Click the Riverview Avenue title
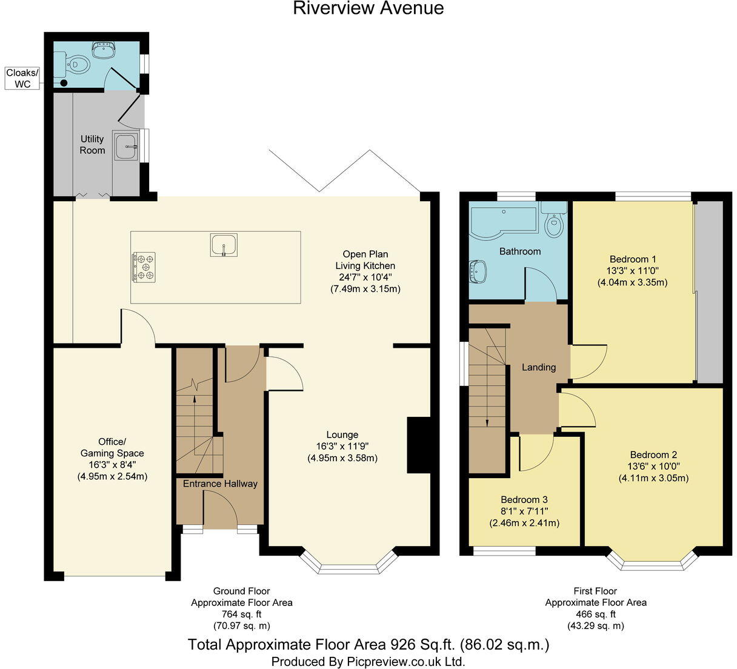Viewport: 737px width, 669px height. [x=368, y=8]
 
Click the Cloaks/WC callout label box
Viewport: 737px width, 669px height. [x=22, y=78]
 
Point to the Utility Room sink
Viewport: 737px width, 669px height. [x=126, y=146]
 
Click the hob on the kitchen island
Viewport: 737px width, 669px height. [x=144, y=267]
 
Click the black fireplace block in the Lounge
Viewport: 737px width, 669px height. [x=418, y=444]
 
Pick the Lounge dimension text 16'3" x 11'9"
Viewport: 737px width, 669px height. [x=342, y=446]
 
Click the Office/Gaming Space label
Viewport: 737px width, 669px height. [x=112, y=447]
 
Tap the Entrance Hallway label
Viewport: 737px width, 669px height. [x=220, y=484]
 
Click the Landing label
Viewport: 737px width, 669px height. [x=539, y=367]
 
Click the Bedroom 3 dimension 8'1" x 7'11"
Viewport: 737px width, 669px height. [x=524, y=511]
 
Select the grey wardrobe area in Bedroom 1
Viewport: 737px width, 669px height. [x=710, y=291]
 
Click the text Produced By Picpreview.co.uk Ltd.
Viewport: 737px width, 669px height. [x=368, y=661]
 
